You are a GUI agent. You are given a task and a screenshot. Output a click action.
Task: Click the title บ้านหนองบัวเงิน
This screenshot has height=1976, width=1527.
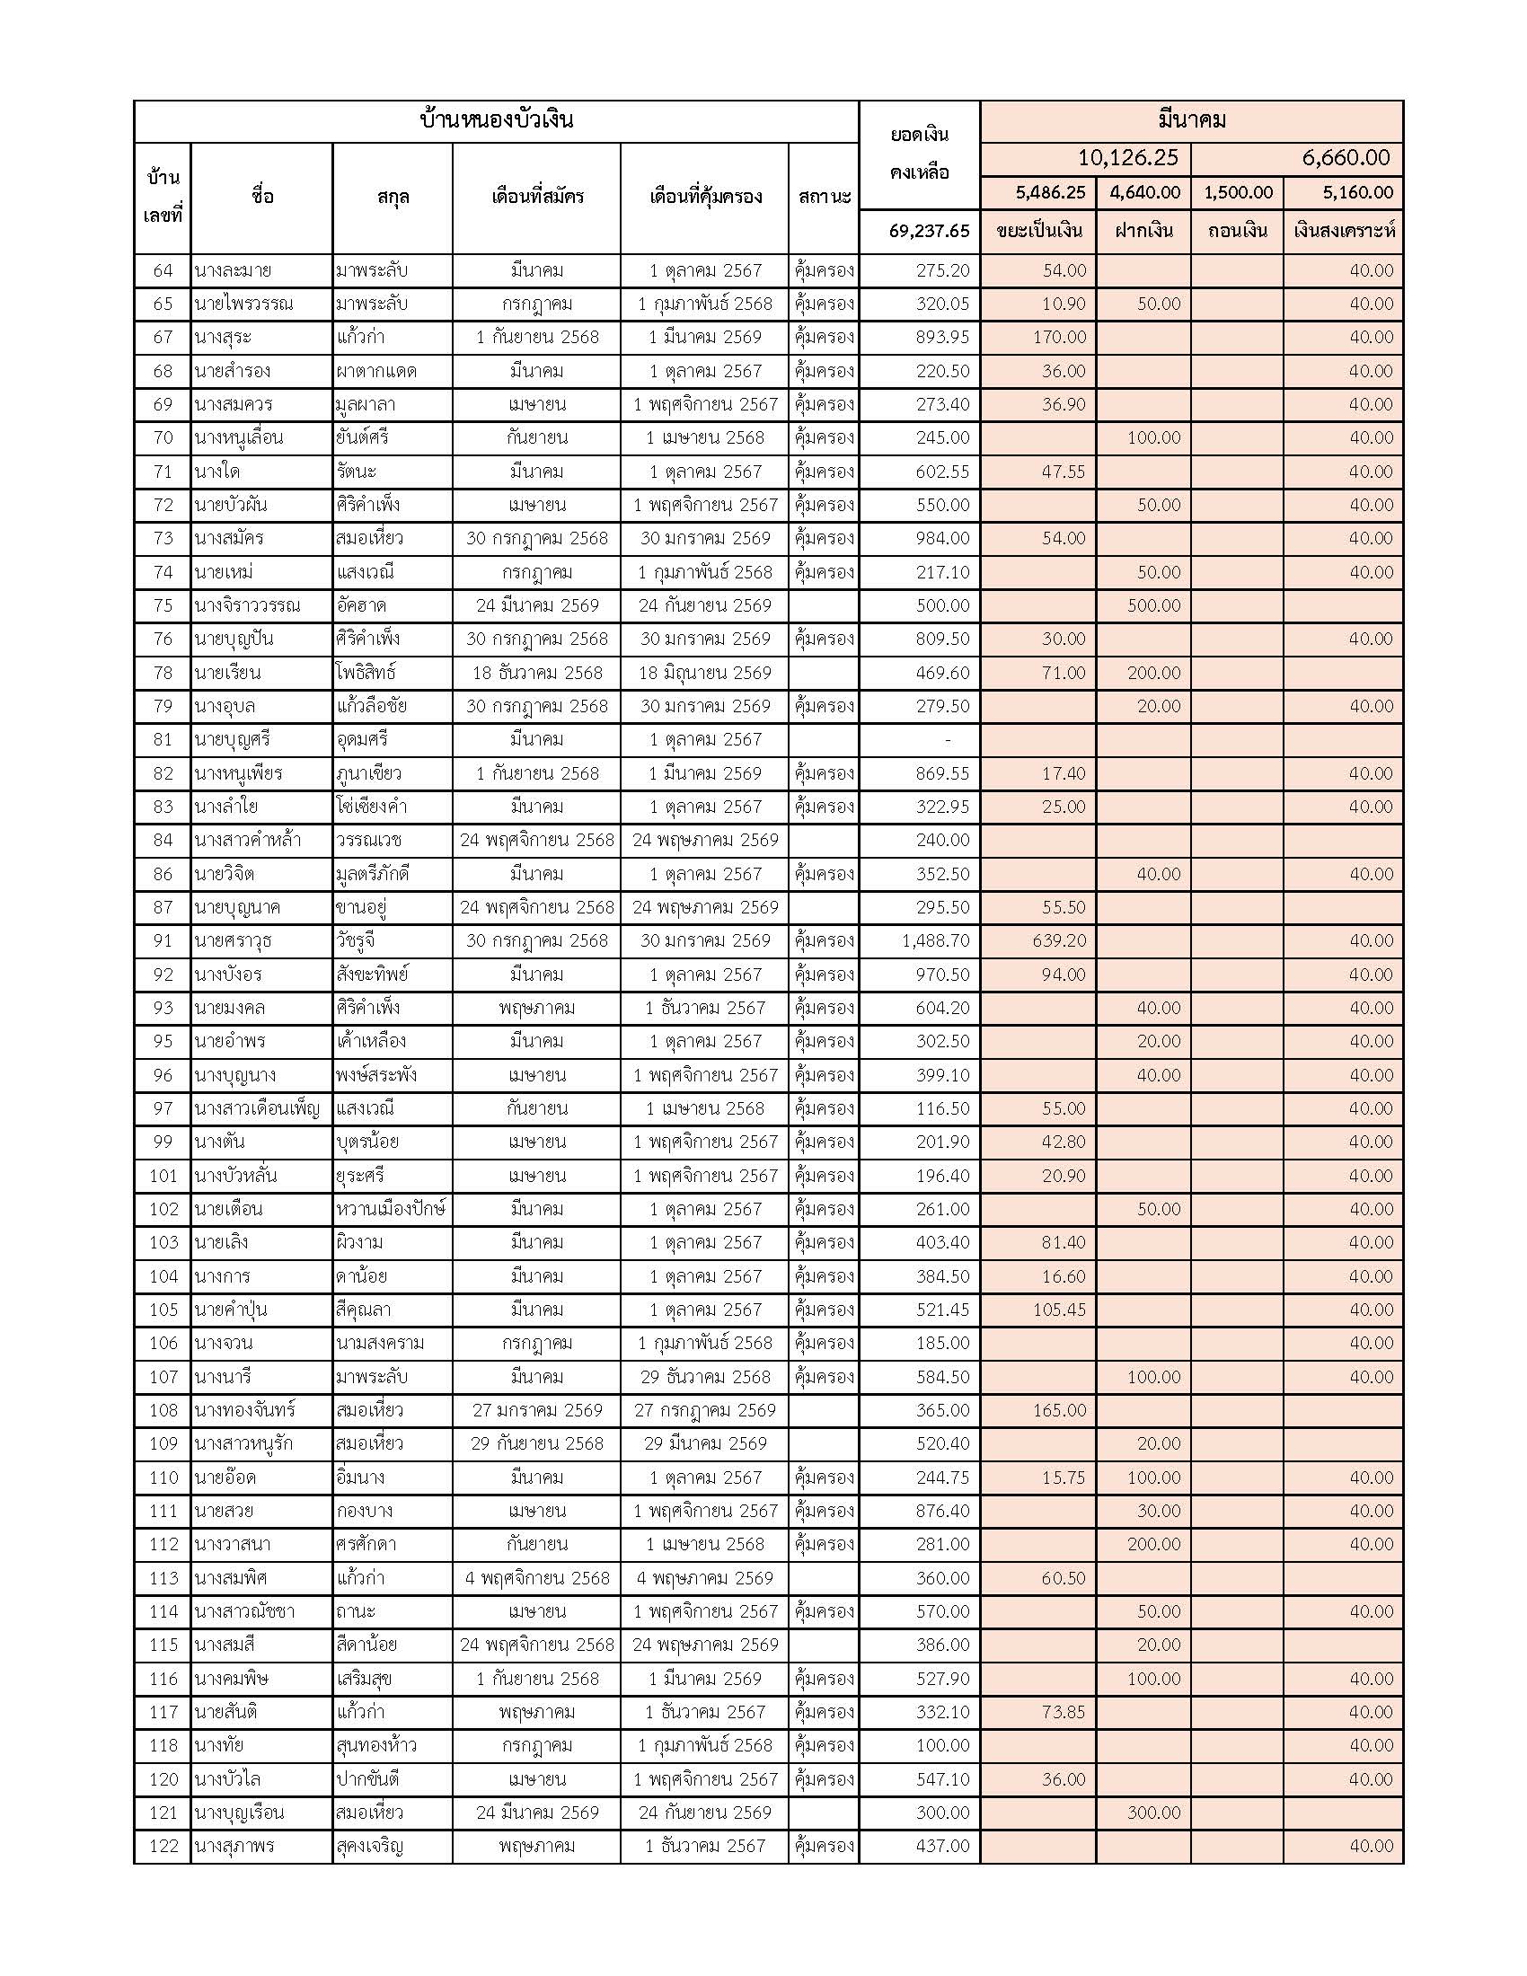pyautogui.click(x=497, y=120)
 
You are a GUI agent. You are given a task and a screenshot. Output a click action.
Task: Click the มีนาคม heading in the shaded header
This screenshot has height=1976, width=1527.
pyautogui.click(x=1191, y=120)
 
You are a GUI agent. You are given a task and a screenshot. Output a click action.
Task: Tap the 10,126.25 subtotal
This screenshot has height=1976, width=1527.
pyautogui.click(x=1128, y=158)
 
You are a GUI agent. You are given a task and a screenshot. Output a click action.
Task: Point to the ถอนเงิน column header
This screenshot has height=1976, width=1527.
pyautogui.click(x=1237, y=231)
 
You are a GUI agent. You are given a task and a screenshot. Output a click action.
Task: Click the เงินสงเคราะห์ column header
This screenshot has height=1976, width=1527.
pyautogui.click(x=1344, y=231)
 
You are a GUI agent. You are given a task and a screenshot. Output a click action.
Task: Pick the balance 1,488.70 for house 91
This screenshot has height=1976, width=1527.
pyautogui.click(x=935, y=941)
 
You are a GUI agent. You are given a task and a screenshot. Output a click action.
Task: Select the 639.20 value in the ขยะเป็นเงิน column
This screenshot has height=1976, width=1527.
pyautogui.click(x=1059, y=941)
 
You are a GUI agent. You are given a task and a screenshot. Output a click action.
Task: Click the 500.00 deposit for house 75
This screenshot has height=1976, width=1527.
pyautogui.click(x=1153, y=605)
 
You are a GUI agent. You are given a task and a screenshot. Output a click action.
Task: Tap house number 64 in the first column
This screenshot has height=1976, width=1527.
pyautogui.click(x=163, y=270)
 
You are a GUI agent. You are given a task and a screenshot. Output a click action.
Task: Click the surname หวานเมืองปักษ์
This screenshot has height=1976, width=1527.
pyautogui.click(x=391, y=1209)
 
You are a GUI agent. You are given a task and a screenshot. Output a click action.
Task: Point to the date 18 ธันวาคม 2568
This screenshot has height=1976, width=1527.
pyautogui.click(x=537, y=673)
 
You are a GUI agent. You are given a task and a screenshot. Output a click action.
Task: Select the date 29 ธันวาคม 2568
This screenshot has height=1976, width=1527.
pyautogui.click(x=706, y=1377)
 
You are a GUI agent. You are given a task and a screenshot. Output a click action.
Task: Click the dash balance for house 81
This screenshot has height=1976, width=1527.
pyautogui.click(x=947, y=740)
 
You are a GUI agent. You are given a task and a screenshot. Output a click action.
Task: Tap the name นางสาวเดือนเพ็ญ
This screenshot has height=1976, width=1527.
pyautogui.click(x=257, y=1108)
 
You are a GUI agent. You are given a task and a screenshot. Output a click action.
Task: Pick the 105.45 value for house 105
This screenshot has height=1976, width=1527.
pyautogui.click(x=1059, y=1310)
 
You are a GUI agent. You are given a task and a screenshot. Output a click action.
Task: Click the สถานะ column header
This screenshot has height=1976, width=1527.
pyautogui.click(x=824, y=197)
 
